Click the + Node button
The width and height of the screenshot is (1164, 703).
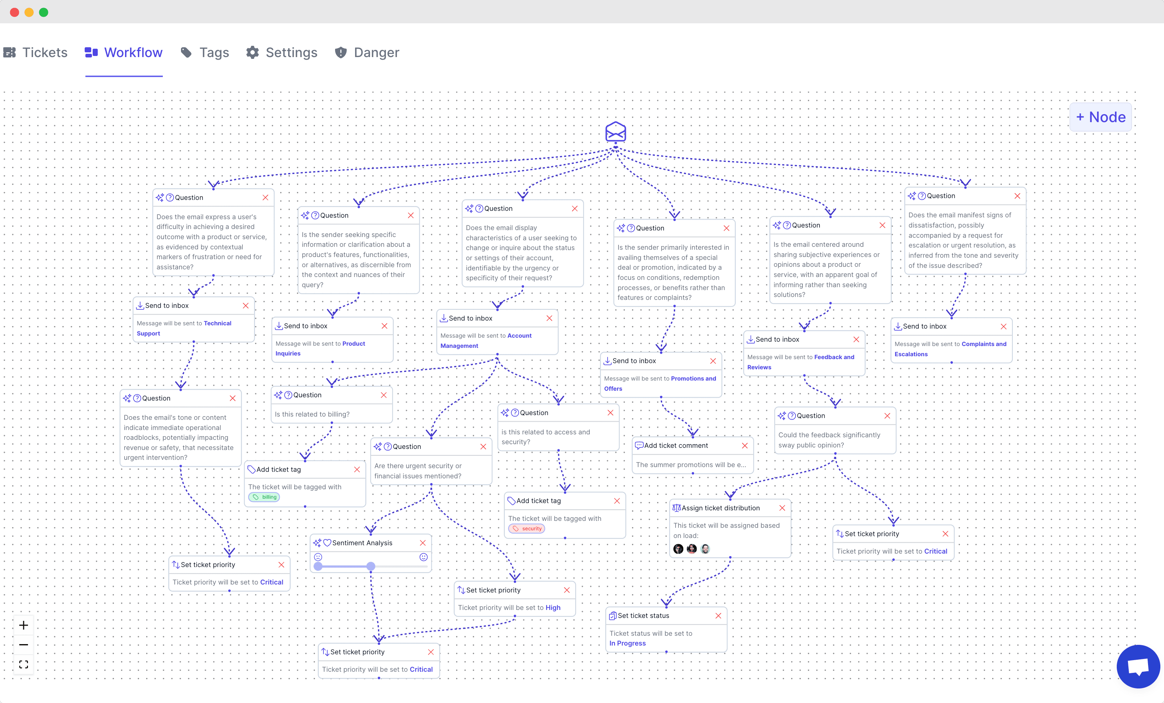tap(1100, 117)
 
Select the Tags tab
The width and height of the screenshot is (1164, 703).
tap(205, 52)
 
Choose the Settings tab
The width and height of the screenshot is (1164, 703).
tap(282, 52)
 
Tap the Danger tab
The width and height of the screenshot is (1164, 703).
tap(367, 52)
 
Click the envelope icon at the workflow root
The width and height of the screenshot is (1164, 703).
tap(616, 132)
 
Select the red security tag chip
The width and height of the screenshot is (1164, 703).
tap(527, 529)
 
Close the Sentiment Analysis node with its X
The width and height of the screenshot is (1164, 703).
tap(423, 543)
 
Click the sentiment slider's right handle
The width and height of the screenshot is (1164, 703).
tap(371, 566)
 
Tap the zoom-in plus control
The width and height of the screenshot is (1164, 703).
tap(24, 626)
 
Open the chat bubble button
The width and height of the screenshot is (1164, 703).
tap(1138, 667)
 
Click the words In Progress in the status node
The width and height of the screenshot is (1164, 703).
tap(627, 643)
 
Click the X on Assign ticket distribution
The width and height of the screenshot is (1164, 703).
tap(782, 508)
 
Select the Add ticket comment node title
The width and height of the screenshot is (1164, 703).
tap(676, 446)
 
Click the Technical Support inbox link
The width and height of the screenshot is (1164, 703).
tap(184, 328)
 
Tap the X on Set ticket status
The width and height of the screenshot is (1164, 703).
tap(718, 616)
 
